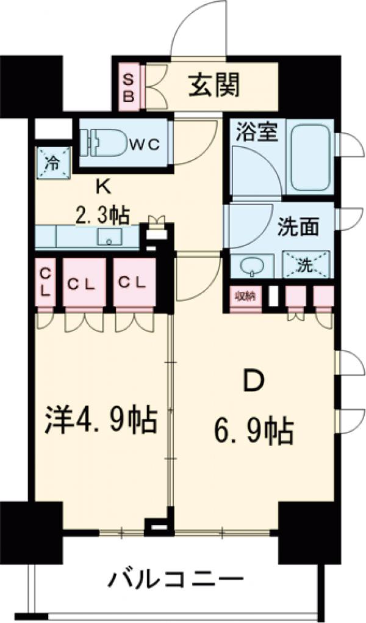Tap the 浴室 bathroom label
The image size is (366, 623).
pos(256,132)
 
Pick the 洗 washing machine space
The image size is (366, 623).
pos(306,264)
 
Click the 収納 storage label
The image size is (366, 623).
pos(246,297)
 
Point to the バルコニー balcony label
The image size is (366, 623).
pos(177,577)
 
